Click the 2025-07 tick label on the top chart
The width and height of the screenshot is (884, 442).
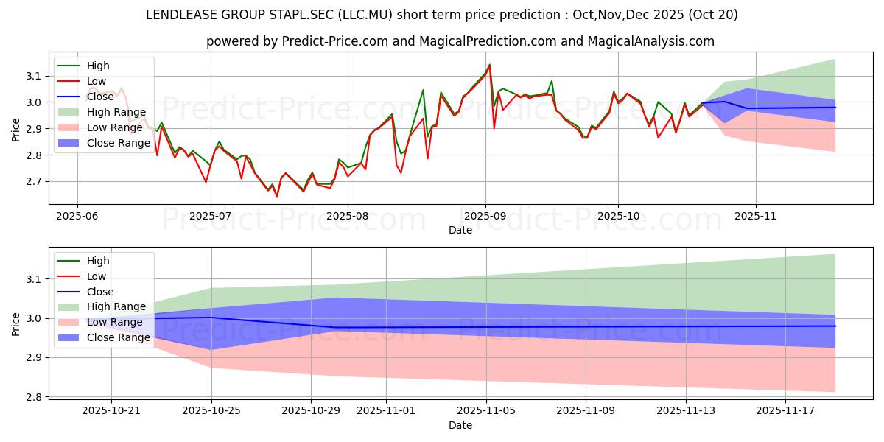click(x=211, y=217)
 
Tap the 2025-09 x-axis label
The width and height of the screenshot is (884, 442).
click(x=485, y=217)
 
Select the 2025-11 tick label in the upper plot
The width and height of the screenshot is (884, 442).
click(x=756, y=217)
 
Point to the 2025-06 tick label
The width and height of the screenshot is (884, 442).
click(x=77, y=217)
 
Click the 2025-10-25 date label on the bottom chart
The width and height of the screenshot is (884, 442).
click(x=211, y=411)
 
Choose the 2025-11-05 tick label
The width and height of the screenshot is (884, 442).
click(x=486, y=411)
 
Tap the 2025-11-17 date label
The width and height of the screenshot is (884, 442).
click(x=785, y=411)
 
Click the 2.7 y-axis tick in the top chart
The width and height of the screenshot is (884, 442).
click(x=34, y=182)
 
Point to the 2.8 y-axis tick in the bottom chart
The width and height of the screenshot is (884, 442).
click(x=34, y=397)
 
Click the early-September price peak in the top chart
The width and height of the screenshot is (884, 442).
click(x=489, y=65)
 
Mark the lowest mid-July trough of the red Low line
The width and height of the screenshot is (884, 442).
click(x=277, y=197)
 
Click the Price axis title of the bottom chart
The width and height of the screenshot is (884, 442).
click(x=15, y=324)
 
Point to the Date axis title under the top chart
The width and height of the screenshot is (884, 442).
click(x=460, y=230)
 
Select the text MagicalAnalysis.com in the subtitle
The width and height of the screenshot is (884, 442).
click(x=651, y=41)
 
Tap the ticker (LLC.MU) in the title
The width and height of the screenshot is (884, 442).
click(x=365, y=15)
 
